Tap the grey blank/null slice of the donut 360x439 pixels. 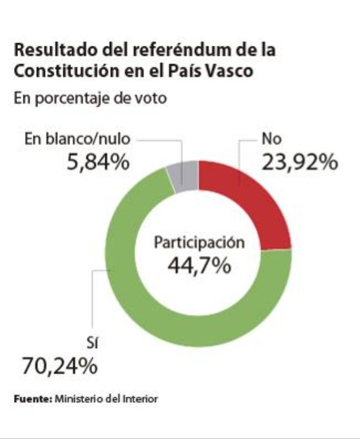click(185, 176)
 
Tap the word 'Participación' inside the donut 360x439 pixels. click(198, 242)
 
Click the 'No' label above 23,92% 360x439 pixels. click(270, 138)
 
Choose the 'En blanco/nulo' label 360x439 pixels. click(76, 139)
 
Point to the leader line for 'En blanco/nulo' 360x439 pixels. click(159, 140)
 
